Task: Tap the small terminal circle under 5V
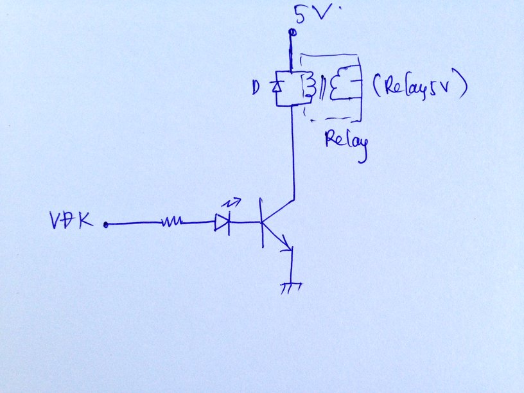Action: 292,32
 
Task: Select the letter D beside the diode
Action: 258,86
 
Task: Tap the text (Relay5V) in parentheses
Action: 417,86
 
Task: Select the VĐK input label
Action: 70,222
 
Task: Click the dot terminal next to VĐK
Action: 105,225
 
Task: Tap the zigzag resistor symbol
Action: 171,222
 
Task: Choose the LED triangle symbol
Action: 222,223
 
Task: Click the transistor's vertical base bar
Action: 262,222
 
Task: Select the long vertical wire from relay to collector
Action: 293,154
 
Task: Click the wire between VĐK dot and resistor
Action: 132,224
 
